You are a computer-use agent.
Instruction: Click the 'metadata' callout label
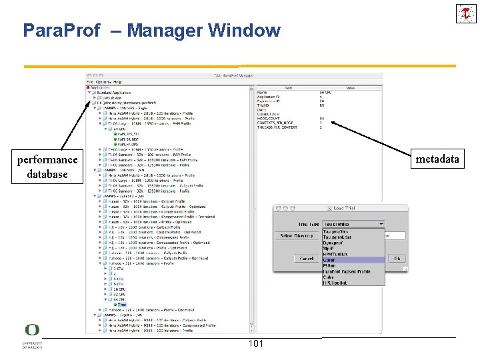click(x=437, y=159)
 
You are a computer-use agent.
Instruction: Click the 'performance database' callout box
click(x=47, y=167)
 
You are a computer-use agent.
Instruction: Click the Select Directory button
click(x=295, y=236)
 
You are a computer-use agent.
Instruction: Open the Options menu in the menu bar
click(x=103, y=81)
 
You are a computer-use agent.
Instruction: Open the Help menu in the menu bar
click(x=117, y=81)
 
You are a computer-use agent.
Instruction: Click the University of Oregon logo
click(x=31, y=335)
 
